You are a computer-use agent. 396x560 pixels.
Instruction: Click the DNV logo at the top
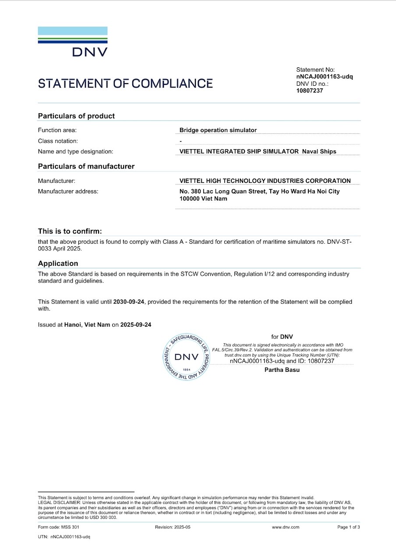[x=73, y=42]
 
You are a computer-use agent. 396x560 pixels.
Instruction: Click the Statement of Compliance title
[x=125, y=84]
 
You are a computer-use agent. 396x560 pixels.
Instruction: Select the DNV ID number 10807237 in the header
[x=310, y=91]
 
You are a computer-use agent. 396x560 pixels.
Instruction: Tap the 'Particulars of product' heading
[x=76, y=116]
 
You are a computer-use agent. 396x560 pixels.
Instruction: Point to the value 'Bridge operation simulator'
[x=218, y=130]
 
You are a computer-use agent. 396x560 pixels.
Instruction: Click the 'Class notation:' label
[x=58, y=141]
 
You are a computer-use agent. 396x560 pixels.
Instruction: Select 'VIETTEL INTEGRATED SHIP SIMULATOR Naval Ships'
[x=258, y=151]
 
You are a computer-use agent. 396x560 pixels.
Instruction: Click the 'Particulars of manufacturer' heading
[x=86, y=166]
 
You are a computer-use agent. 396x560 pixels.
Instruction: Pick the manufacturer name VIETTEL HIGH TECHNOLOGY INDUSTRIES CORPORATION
[x=265, y=181]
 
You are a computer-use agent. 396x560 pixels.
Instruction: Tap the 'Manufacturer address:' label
[x=68, y=191]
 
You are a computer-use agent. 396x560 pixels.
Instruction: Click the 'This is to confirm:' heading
[x=70, y=231]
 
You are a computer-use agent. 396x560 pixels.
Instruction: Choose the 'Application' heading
[x=58, y=263]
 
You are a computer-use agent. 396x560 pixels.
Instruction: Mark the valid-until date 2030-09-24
[x=129, y=301]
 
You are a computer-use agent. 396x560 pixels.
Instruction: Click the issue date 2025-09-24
[x=136, y=325]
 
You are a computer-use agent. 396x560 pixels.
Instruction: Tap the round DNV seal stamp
[x=186, y=357]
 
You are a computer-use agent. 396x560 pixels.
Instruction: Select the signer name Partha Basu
[x=282, y=370]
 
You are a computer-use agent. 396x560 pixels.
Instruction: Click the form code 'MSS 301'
[x=71, y=527]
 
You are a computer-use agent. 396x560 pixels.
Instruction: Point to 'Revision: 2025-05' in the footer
[x=173, y=527]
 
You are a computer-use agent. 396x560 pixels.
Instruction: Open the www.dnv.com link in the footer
[x=286, y=527]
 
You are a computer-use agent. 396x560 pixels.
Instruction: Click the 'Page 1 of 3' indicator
[x=348, y=527]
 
